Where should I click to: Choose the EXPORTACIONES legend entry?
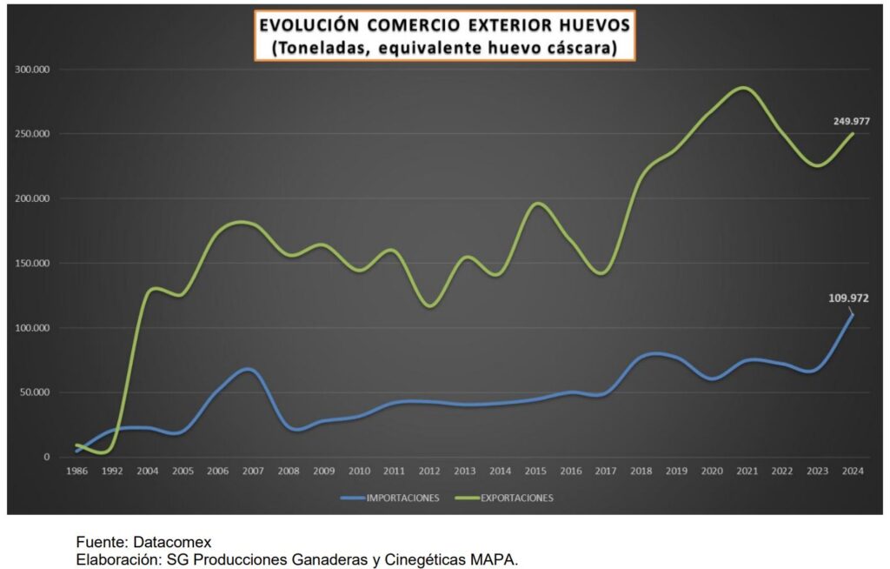point(516,499)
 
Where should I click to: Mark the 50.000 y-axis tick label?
point(35,392)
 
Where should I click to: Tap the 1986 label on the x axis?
point(76,471)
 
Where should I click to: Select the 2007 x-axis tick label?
point(252,471)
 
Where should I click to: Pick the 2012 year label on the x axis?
point(428,471)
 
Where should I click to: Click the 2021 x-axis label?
point(746,471)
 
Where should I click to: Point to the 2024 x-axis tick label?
point(852,471)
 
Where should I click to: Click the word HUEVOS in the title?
point(586,24)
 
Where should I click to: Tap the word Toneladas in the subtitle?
point(322,49)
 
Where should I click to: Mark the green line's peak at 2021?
point(744,87)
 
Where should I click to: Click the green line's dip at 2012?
point(429,305)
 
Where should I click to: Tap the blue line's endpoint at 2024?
point(852,314)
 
